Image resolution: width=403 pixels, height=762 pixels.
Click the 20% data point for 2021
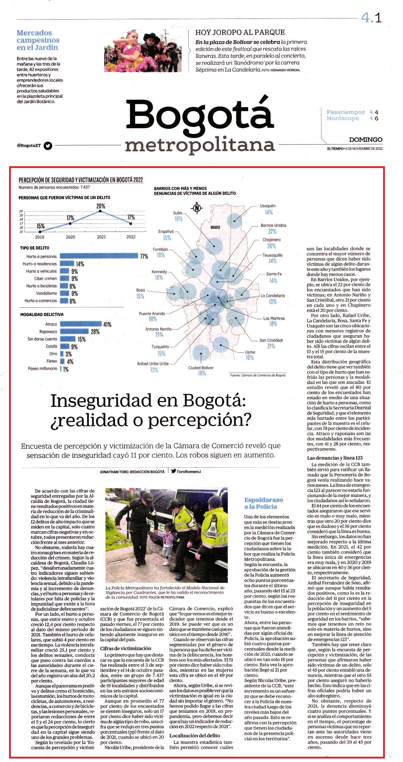click(x=100, y=211)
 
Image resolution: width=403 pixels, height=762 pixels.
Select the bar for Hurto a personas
click(x=99, y=256)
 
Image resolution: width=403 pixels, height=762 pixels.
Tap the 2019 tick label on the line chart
click(x=40, y=237)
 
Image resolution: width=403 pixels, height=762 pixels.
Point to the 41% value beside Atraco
click(x=107, y=324)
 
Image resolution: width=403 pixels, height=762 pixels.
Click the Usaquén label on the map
click(x=268, y=206)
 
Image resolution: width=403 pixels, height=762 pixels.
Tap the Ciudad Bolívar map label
click(x=201, y=368)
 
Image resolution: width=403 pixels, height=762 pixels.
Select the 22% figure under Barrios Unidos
click(x=272, y=232)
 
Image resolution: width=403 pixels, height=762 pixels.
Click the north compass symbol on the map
click(x=197, y=208)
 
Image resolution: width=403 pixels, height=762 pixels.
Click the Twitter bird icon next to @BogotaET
click(x=48, y=146)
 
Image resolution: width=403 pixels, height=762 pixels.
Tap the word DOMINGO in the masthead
click(x=366, y=140)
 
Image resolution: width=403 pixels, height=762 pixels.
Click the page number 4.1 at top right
click(x=371, y=17)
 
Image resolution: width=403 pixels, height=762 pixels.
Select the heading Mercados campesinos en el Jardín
click(x=38, y=40)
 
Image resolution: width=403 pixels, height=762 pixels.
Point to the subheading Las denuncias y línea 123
click(x=335, y=457)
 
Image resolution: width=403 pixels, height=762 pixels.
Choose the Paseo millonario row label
click(x=43, y=368)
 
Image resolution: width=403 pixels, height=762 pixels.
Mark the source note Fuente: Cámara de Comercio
click(x=258, y=375)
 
